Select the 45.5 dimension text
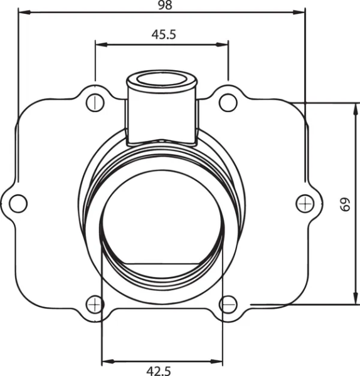pyautogui.click(x=163, y=35)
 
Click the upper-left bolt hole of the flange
pyautogui.click(x=95, y=102)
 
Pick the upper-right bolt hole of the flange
pyautogui.click(x=229, y=102)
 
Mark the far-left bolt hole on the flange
pyautogui.click(x=19, y=203)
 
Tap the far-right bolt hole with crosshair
pyautogui.click(x=305, y=202)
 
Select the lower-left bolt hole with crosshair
pyautogui.click(x=95, y=305)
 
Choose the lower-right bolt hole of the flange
pyautogui.click(x=228, y=305)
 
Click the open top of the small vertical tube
pyautogui.click(x=163, y=80)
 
